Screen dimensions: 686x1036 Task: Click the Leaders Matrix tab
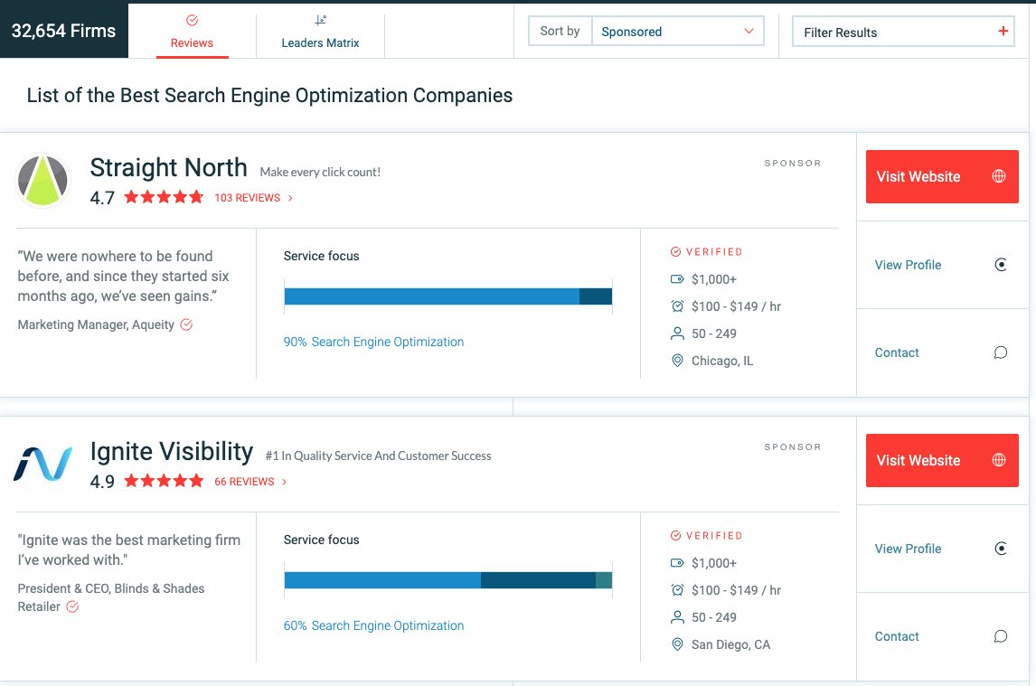320,32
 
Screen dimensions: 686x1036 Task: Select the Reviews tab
192,32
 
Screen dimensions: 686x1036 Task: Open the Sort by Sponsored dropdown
677,31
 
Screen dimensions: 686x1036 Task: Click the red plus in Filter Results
1003,32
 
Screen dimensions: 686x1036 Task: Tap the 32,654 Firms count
63,31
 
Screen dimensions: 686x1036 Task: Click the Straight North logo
43,180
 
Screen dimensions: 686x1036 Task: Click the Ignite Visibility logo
43,464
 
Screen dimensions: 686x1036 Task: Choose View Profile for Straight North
908,265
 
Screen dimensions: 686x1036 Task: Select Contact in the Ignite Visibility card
897,636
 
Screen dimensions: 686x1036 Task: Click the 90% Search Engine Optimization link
373,342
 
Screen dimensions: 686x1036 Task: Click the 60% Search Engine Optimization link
373,625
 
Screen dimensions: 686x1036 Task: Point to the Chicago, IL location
721,361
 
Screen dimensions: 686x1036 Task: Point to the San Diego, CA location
730,644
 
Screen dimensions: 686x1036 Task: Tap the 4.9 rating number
102,482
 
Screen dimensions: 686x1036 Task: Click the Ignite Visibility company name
172,451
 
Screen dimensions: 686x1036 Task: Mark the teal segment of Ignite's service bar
604,580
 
